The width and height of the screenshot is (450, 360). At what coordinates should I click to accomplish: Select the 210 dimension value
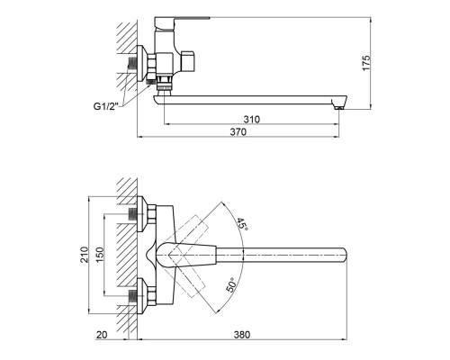[84, 259]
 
